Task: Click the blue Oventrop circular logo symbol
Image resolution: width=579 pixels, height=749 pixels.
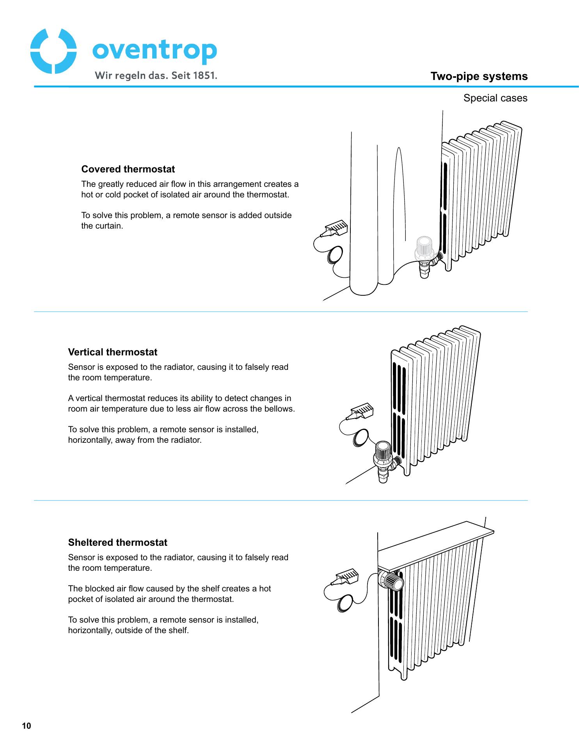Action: pyautogui.click(x=53, y=51)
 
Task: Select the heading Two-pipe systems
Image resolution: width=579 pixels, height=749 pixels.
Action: pyautogui.click(x=479, y=76)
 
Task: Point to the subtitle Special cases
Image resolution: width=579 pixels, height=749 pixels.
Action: pyautogui.click(x=495, y=98)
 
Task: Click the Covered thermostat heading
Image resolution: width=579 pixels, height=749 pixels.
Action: pyautogui.click(x=128, y=169)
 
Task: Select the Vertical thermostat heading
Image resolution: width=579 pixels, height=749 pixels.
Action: pyautogui.click(x=113, y=352)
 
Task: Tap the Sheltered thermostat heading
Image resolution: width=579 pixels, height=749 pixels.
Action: pyautogui.click(x=117, y=543)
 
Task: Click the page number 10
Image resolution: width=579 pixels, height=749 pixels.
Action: pyautogui.click(x=26, y=726)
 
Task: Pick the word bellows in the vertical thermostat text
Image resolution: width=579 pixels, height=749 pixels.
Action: pyautogui.click(x=279, y=409)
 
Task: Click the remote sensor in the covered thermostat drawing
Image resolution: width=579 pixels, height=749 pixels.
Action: pyautogui.click(x=334, y=229)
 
